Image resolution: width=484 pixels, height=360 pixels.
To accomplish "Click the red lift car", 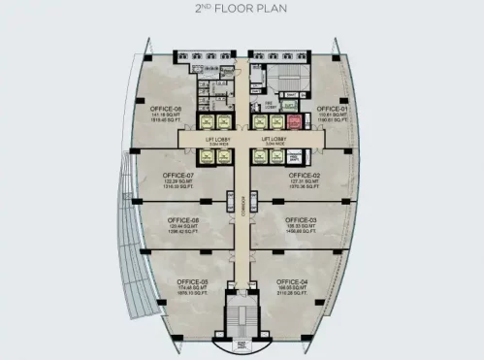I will point(293,121).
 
